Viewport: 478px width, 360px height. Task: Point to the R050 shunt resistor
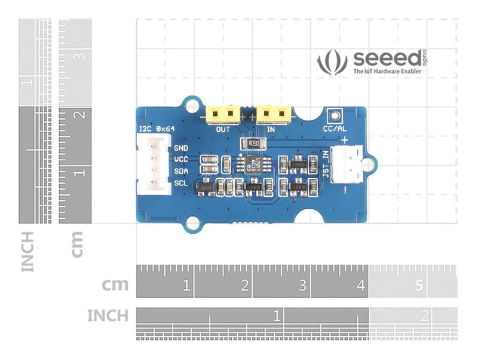253,144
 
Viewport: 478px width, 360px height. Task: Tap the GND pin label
181,148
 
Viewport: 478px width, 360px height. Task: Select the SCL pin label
181,183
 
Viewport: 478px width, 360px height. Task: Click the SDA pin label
181,171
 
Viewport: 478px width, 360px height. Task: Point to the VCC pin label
181,160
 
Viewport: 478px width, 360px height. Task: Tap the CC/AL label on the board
334,129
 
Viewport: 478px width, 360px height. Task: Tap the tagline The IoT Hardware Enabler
387,71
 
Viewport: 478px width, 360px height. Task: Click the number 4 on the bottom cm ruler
360,286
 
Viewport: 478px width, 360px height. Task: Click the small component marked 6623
206,188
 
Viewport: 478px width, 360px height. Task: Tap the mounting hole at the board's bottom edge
192,224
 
